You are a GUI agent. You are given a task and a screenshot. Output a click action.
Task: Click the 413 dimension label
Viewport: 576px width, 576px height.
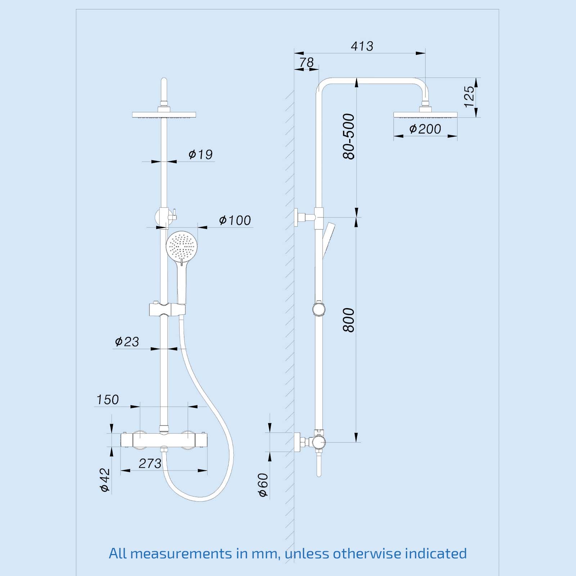pos(362,46)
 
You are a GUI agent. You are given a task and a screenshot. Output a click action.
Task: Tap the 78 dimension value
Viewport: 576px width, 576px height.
pos(306,62)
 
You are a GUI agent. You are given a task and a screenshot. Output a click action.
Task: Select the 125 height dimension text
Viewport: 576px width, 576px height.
pos(469,96)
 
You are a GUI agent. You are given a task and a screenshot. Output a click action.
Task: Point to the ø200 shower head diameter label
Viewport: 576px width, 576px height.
pos(425,129)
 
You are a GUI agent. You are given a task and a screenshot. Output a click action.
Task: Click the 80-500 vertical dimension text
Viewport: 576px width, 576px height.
pos(348,136)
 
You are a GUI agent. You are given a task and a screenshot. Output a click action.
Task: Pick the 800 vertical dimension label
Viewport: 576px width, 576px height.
pos(348,320)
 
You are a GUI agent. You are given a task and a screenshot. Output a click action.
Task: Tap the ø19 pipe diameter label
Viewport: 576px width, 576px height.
pos(201,154)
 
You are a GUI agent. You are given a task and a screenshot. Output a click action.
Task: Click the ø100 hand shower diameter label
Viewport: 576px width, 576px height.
pos(235,220)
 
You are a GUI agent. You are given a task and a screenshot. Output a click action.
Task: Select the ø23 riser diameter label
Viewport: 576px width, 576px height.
pos(127,342)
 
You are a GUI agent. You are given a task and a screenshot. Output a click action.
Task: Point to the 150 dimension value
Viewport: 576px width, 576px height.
pos(107,400)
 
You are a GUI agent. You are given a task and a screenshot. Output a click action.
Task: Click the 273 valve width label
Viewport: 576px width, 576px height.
pos(150,464)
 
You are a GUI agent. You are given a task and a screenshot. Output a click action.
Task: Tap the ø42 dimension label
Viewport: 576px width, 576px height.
pos(105,480)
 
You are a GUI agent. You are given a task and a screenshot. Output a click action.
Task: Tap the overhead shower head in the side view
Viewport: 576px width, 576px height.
pos(425,115)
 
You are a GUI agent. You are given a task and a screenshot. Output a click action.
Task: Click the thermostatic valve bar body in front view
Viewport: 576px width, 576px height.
pos(164,440)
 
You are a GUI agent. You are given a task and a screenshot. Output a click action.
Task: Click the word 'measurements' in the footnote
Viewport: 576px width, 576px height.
pos(181,553)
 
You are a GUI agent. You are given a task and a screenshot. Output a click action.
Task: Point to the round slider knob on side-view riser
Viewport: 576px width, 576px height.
pos(319,309)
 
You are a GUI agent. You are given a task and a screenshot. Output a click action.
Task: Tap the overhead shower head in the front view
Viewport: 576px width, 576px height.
pos(164,115)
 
